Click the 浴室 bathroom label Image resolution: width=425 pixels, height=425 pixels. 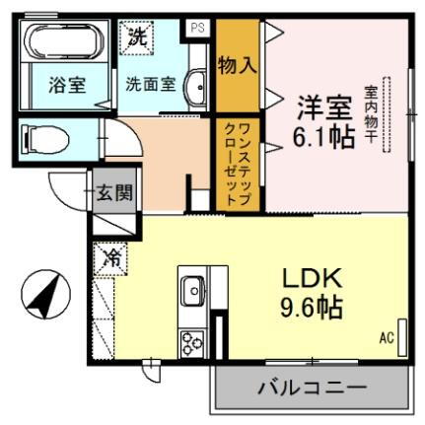coord(67,85)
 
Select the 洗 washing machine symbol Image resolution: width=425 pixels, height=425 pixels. coord(138,37)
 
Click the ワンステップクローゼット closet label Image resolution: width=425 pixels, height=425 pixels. coord(239,164)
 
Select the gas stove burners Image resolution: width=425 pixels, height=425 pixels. coord(190,342)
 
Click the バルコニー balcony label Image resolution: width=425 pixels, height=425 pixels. coord(313,386)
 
